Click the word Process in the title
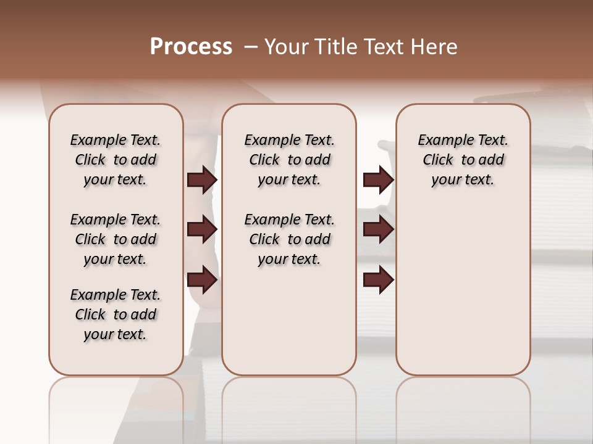pos(191,47)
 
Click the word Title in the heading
pos(336,47)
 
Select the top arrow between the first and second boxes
pos(202,180)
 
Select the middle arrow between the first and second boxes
pos(202,230)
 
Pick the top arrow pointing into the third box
pos(378,180)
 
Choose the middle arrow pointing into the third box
pos(378,230)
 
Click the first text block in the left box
pos(116,160)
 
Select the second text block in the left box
pos(116,239)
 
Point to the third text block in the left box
pos(116,314)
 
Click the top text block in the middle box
pos(289,160)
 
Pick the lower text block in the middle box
pos(289,239)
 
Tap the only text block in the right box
pos(463,160)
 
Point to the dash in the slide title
pos(250,47)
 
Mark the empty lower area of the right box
pos(463,284)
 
